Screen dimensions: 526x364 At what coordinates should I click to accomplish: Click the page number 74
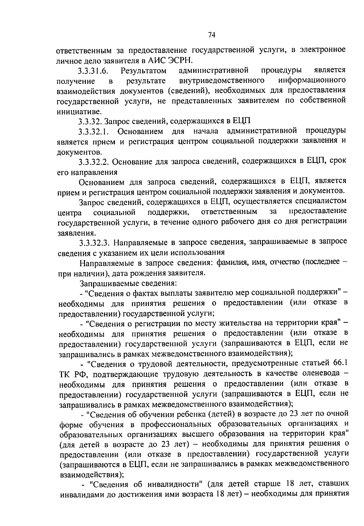pos(212,35)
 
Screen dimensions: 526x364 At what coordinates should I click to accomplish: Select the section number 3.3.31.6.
pos(93,71)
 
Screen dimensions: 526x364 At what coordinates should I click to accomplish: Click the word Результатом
pos(143,71)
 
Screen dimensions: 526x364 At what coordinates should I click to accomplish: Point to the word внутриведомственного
pos(221,81)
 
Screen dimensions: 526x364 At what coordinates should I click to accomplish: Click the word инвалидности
pos(175,483)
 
